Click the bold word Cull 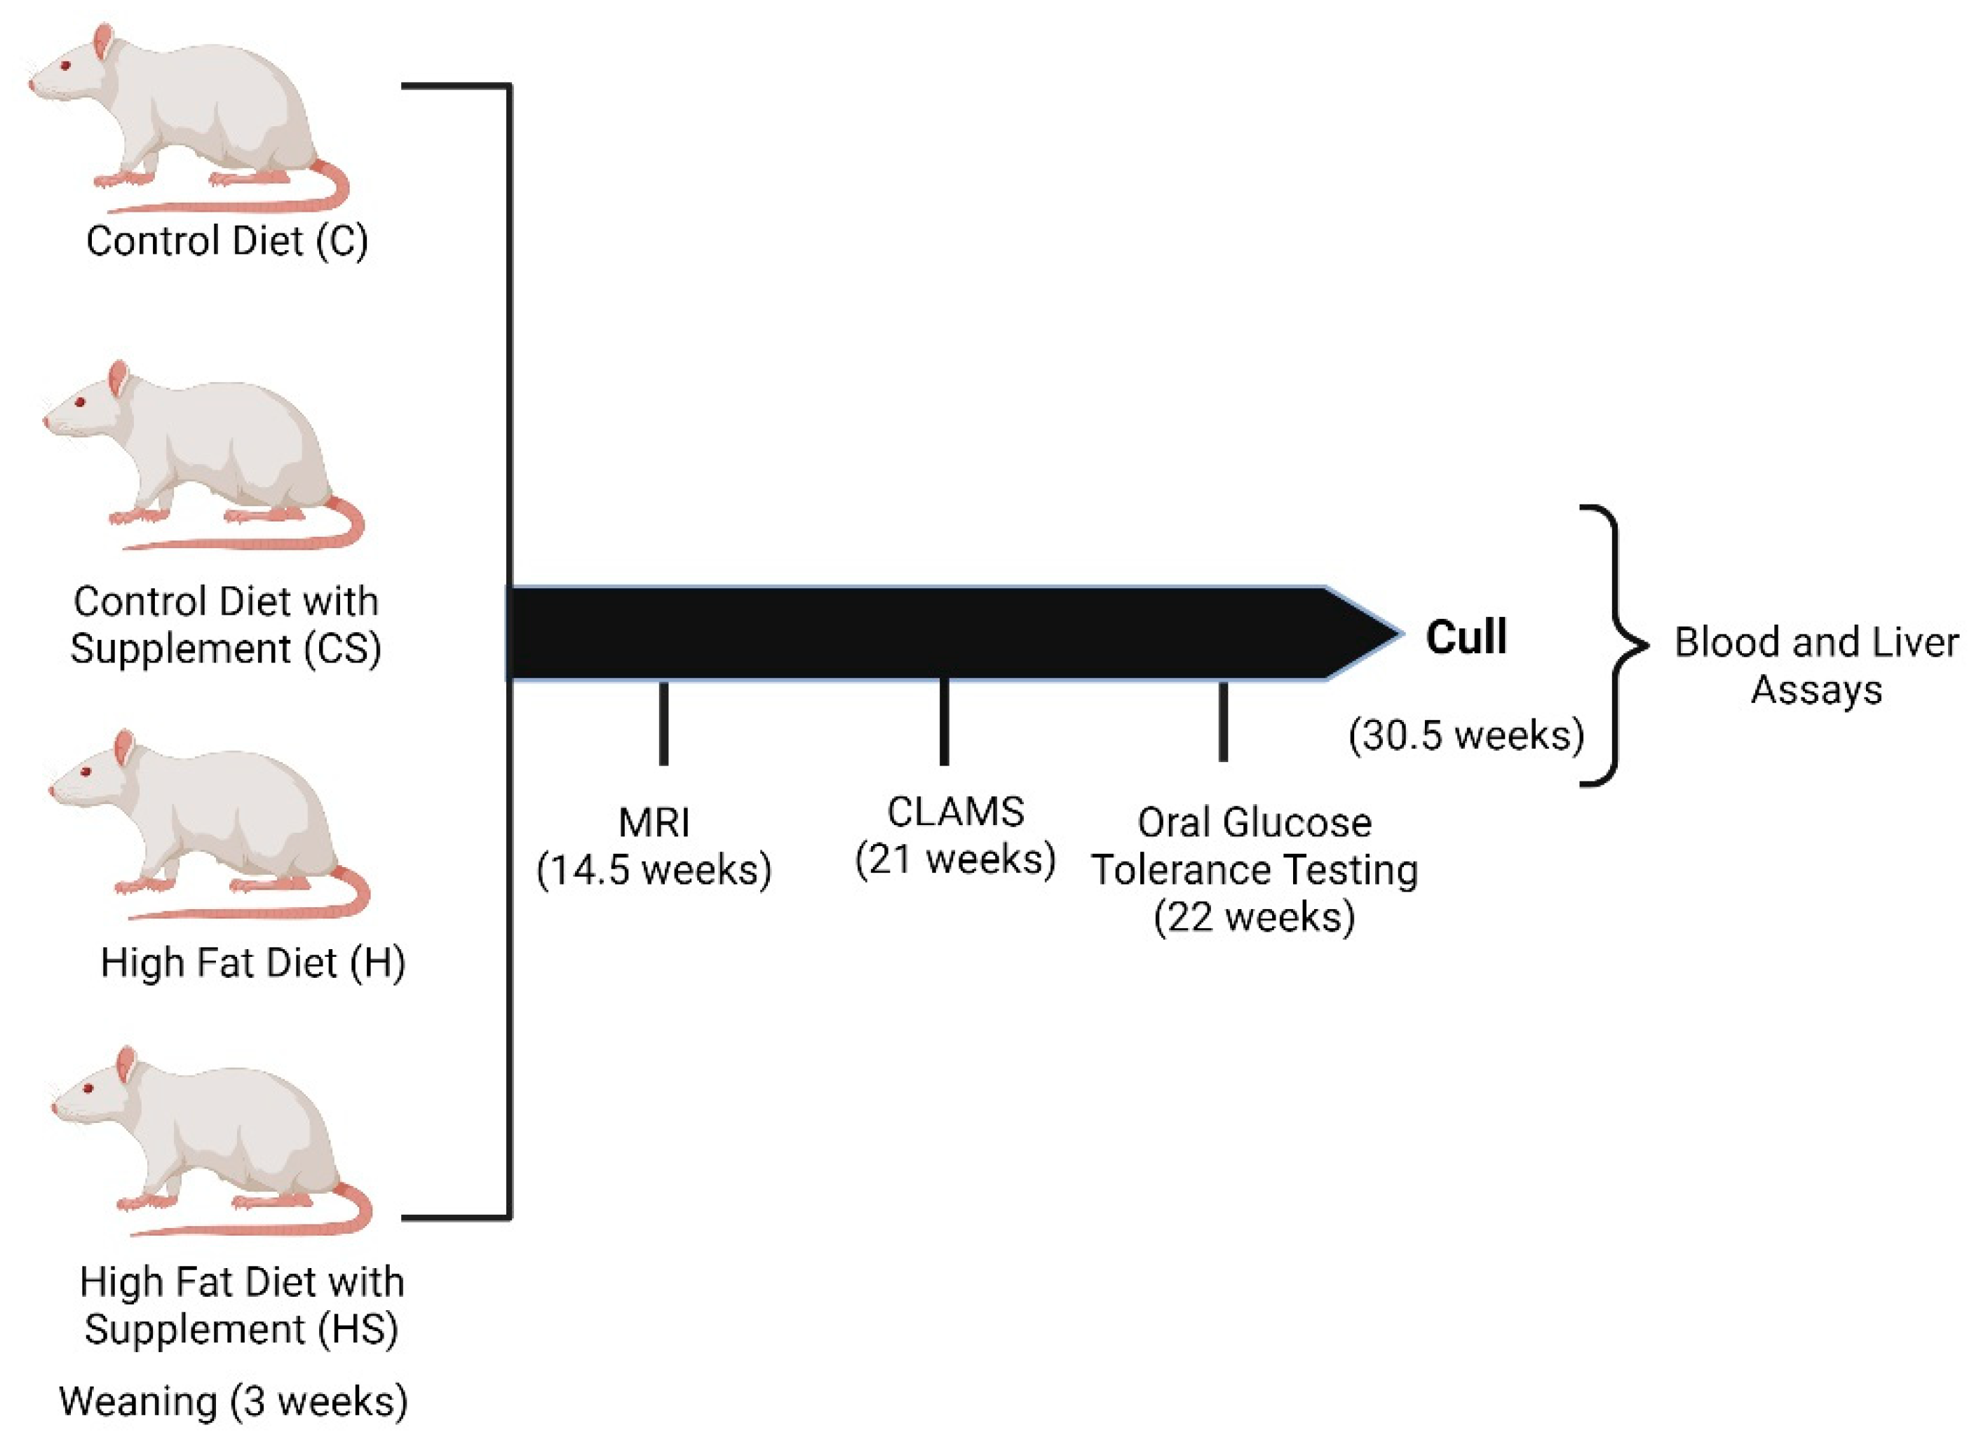point(1466,636)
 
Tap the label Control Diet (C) point(227,240)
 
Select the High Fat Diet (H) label point(252,962)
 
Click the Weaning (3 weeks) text point(234,1401)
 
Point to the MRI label point(654,822)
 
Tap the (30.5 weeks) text point(1466,734)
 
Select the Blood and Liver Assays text point(1816,665)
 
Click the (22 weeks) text point(1255,916)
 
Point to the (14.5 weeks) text point(654,869)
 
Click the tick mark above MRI point(663,723)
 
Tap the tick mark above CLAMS point(944,721)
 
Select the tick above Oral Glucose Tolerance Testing point(1223,721)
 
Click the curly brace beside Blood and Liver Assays point(1616,645)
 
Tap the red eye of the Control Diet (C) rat point(67,67)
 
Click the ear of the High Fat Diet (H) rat point(124,747)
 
